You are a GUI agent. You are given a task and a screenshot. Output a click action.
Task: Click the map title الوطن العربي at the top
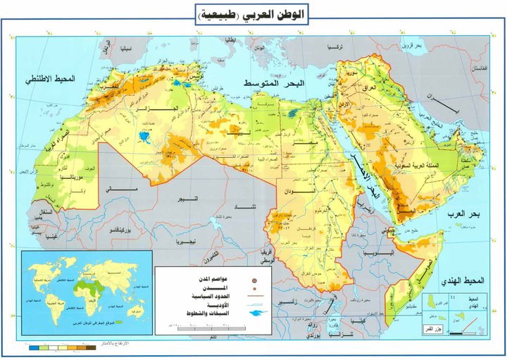254,15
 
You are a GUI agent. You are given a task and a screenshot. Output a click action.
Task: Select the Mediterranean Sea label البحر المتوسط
274,84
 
